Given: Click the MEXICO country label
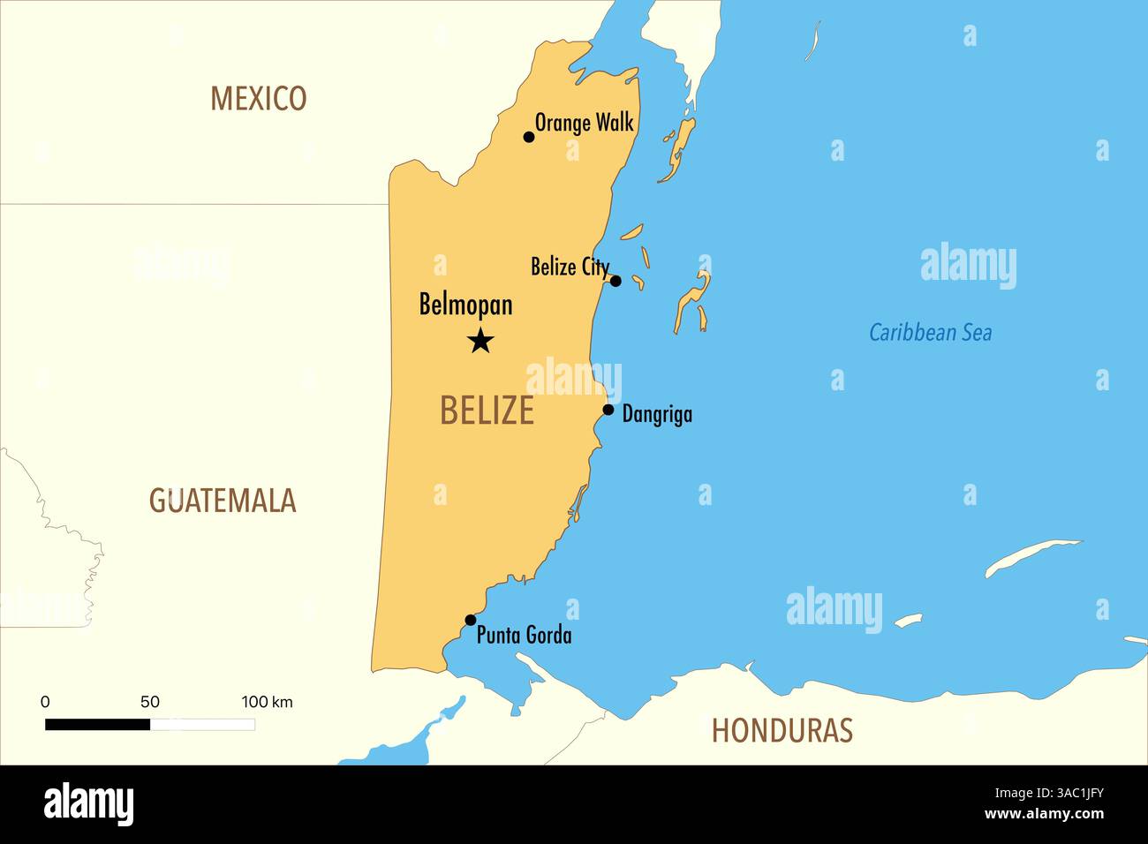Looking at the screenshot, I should tap(258, 98).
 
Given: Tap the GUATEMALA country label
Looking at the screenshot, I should tap(222, 501).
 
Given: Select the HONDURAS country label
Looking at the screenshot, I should tap(782, 730).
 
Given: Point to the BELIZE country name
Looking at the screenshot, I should tap(487, 411).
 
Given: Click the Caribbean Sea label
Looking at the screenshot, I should tap(930, 333).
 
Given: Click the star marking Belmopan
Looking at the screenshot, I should tap(480, 340).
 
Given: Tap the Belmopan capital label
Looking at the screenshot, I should tap(465, 305).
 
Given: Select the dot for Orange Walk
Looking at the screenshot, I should tap(529, 137).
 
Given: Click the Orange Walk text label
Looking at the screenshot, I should tap(585, 123).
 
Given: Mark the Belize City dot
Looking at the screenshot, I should tap(616, 281).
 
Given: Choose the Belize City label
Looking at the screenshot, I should tap(570, 266).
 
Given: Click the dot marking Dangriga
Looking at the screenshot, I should tap(608, 410).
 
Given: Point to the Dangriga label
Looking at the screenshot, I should tap(657, 414).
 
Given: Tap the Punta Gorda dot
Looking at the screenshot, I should tap(470, 620).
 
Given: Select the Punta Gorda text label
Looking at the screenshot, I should tap(524, 635).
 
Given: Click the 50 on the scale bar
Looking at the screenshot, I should tap(150, 702).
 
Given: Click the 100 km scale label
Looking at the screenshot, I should tap(267, 702).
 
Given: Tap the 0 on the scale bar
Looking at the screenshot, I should tap(45, 702).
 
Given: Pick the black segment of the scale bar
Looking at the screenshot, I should tap(97, 725).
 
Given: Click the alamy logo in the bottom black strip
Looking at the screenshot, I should tap(88, 804).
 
